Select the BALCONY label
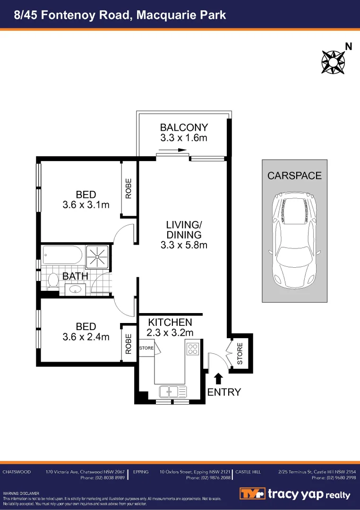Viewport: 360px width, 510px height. (184, 127)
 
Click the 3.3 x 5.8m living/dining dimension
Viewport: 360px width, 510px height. (184, 245)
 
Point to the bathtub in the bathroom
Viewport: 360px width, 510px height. (62, 255)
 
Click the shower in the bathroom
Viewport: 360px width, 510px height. (98, 257)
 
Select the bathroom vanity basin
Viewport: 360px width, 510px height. (75, 289)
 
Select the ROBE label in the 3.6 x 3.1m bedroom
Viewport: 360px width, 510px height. (129, 187)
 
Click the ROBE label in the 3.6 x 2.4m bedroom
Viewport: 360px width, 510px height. (129, 344)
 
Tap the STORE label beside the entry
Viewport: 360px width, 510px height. (240, 354)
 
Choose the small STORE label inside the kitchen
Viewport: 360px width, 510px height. (146, 348)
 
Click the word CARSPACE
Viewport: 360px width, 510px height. (294, 176)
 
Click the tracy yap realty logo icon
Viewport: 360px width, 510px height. (253, 494)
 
